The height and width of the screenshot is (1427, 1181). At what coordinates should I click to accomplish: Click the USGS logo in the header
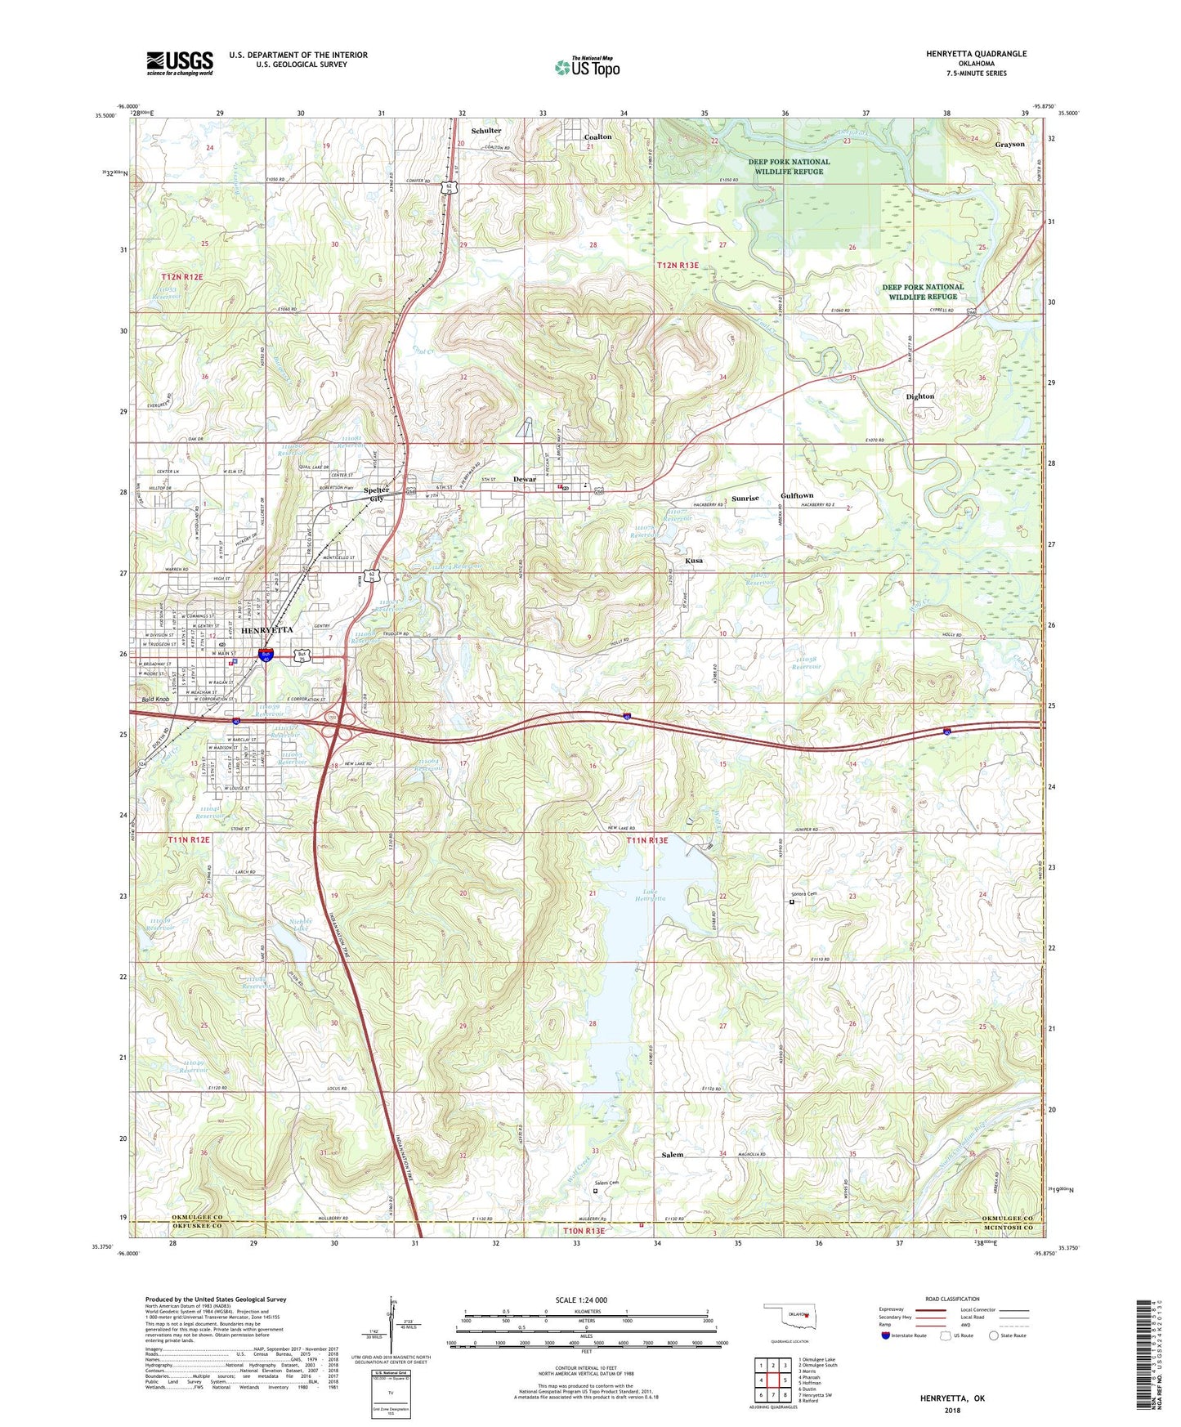coord(180,63)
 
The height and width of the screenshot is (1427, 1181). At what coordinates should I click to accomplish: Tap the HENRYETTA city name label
coord(244,630)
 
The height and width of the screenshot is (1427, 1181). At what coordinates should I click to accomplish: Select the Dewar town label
coord(524,480)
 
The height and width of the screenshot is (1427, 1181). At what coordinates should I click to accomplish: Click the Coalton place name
coord(597,136)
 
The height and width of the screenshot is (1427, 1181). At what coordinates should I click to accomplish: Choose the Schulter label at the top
coord(486,131)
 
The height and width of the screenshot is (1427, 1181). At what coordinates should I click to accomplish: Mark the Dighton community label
coord(919,396)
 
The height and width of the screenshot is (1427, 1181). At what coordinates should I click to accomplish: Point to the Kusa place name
coord(694,561)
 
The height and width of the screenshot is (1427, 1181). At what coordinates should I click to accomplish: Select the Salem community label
coord(672,1155)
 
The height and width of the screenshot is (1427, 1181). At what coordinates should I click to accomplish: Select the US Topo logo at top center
coord(587,67)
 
